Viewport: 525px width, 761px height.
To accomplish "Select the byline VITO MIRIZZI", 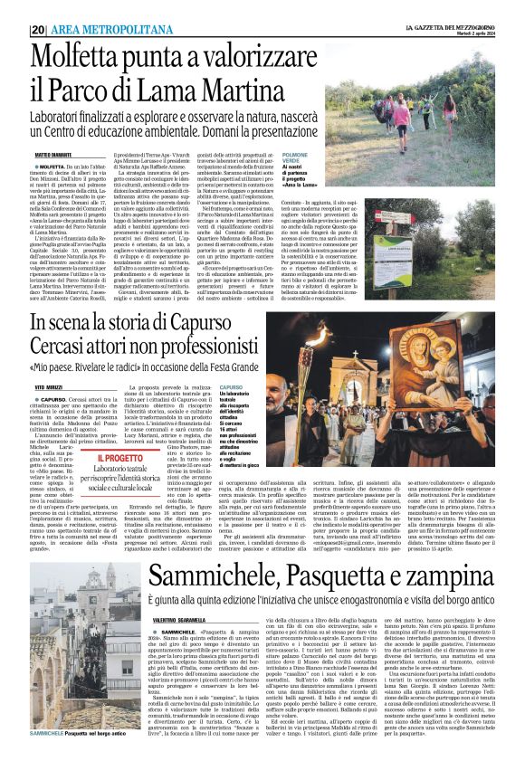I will pos(49,386).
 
